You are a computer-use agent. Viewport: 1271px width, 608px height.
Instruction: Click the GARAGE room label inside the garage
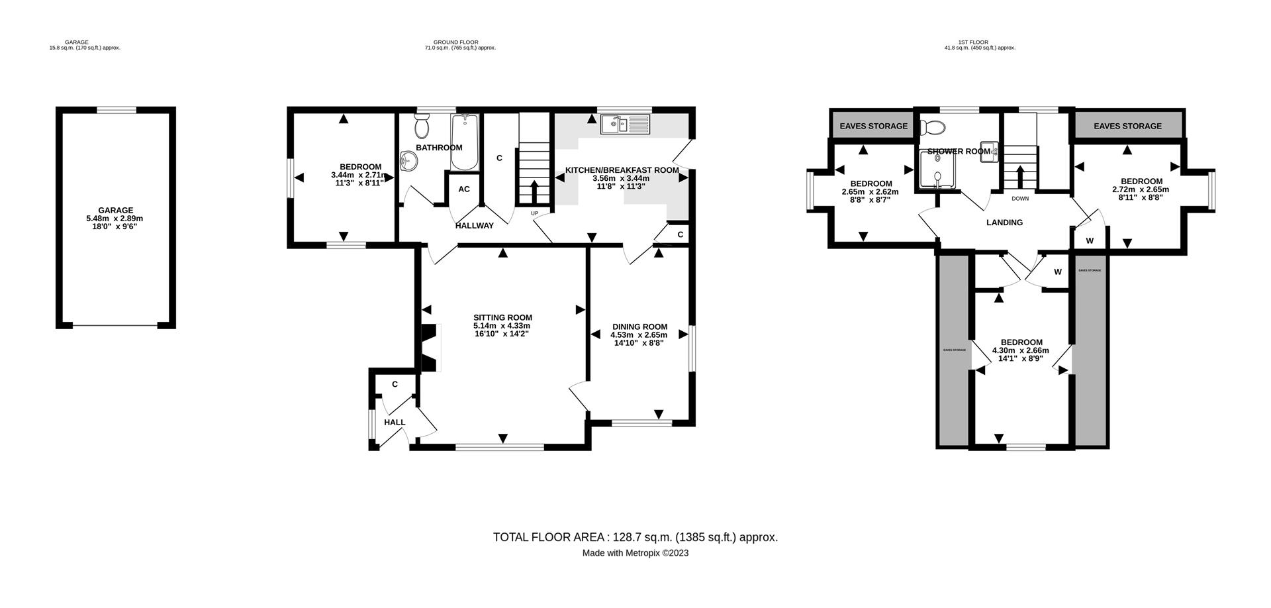(x=116, y=211)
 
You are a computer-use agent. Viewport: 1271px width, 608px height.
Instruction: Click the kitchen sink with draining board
(x=626, y=124)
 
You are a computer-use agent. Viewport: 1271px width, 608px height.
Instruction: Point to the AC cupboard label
(x=464, y=189)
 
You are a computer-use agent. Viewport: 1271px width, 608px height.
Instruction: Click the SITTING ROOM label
(x=502, y=317)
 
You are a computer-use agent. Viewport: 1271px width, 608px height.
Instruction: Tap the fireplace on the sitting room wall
(x=430, y=348)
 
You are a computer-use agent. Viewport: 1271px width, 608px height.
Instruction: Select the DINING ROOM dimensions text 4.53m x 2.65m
(x=639, y=335)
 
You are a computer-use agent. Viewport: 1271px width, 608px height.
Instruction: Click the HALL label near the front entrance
(x=395, y=423)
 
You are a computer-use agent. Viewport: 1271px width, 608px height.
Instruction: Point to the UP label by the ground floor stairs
(x=534, y=213)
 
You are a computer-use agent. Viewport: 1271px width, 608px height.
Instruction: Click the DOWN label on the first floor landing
(x=1020, y=199)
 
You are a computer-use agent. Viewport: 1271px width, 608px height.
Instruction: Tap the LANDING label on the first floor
(x=1004, y=223)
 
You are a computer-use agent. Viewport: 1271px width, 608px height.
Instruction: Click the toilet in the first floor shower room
(x=935, y=127)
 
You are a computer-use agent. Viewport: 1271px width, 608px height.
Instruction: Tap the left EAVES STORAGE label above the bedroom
(x=873, y=126)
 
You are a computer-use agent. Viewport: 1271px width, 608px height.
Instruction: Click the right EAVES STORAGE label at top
(x=1127, y=126)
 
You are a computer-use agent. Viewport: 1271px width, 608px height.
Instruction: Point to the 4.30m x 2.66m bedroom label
(x=1020, y=351)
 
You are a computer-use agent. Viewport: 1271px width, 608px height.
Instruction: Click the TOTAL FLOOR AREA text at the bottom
(x=635, y=537)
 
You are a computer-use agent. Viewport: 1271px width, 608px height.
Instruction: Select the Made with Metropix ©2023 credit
(x=635, y=553)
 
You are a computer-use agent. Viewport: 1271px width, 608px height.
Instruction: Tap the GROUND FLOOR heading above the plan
(x=460, y=42)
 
